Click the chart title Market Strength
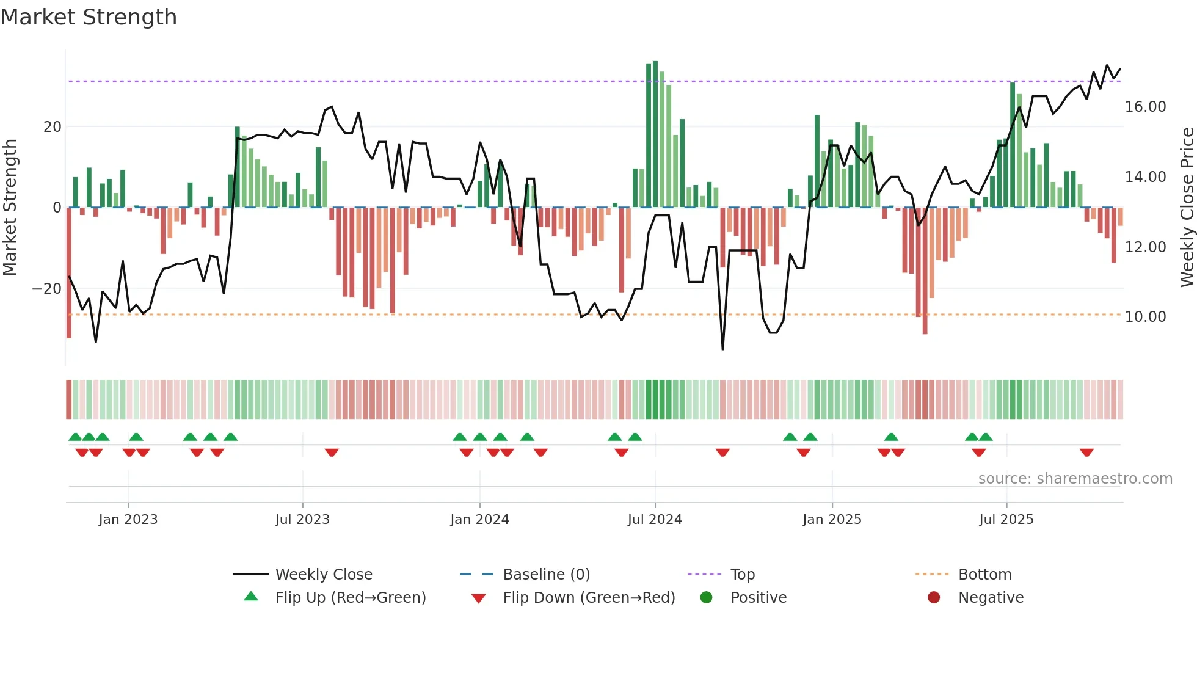coord(89,17)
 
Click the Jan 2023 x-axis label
coord(128,520)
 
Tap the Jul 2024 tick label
coord(655,520)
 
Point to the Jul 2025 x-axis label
coord(1006,520)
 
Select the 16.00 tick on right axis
coord(1145,107)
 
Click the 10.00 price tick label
coord(1145,317)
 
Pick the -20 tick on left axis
coord(47,289)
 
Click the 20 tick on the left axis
coord(53,127)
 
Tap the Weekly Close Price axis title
coord(1187,208)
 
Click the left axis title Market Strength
coord(10,208)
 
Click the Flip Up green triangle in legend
coord(251,597)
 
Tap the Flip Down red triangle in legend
coord(479,598)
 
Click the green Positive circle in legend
coord(706,598)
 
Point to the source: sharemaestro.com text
coord(1075,479)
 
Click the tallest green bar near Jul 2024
coord(655,134)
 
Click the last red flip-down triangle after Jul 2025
coord(1086,453)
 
